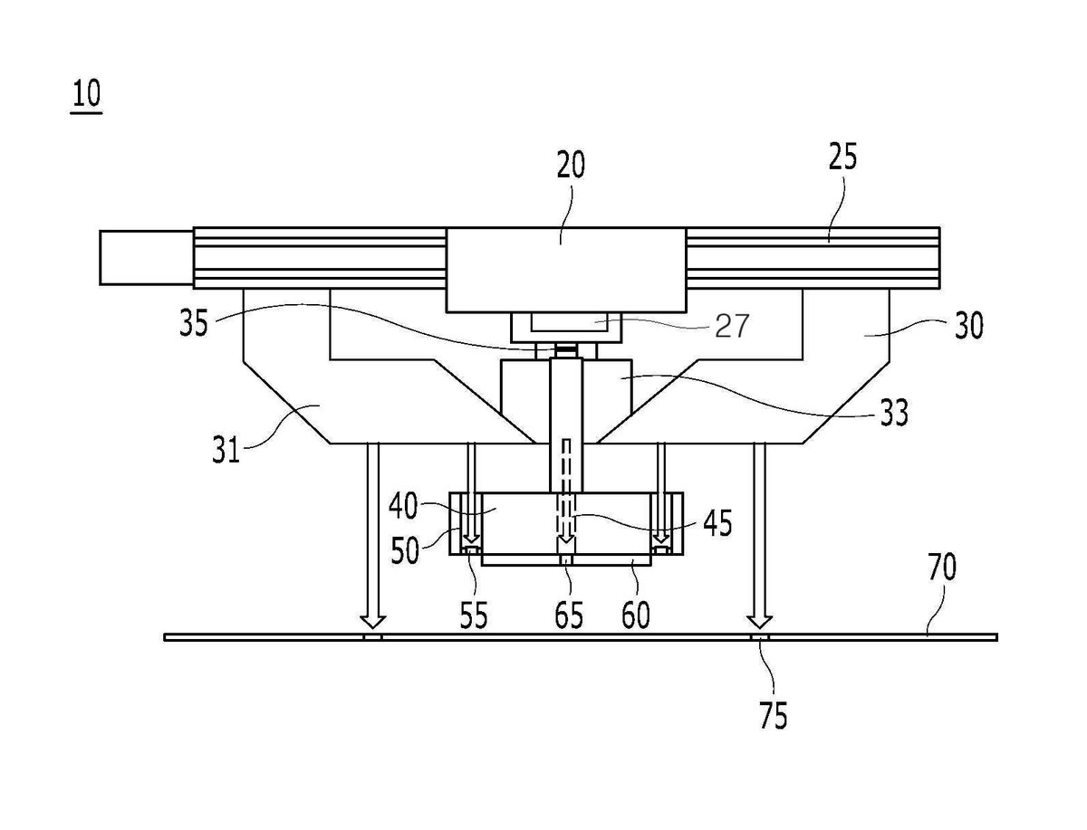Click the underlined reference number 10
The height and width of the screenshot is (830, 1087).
[87, 94]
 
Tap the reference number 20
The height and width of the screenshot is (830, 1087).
[571, 165]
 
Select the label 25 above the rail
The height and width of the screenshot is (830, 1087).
[842, 157]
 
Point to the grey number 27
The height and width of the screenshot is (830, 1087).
[731, 326]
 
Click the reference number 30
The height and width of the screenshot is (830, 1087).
[968, 326]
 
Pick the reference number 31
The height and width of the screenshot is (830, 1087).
[226, 450]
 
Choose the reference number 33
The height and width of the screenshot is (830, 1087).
[894, 413]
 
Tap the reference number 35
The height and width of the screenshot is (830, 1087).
[194, 323]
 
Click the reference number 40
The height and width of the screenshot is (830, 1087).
[403, 506]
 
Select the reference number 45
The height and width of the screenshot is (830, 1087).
[717, 523]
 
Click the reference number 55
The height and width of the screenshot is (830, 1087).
[474, 615]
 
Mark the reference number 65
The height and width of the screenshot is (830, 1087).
[569, 615]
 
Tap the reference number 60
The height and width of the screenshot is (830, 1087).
[635, 615]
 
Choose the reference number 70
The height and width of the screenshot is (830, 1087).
[942, 568]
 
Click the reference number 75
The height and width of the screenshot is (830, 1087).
[773, 716]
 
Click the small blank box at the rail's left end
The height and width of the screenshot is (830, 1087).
[146, 257]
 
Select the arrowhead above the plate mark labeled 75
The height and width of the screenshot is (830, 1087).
[760, 621]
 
